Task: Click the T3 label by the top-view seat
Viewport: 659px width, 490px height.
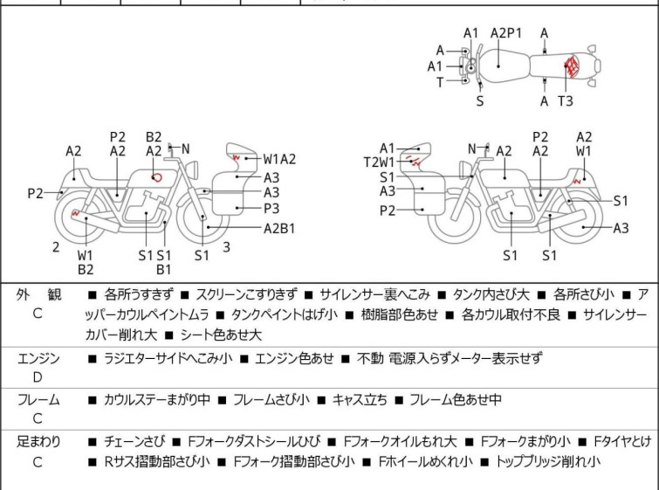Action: click(566, 101)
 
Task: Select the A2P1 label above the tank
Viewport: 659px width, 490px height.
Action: click(506, 33)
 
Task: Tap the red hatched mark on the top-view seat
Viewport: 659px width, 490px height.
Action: click(571, 66)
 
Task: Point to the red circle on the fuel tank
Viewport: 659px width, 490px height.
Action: click(157, 178)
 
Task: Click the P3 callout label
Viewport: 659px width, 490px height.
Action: click(271, 208)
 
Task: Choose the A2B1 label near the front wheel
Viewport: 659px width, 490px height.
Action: click(279, 228)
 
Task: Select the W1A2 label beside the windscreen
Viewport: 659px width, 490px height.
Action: click(279, 159)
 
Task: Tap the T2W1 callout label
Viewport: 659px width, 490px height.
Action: click(379, 162)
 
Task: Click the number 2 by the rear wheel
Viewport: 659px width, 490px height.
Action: click(56, 247)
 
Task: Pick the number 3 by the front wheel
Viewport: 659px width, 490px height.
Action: click(226, 247)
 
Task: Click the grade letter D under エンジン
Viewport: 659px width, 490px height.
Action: click(38, 377)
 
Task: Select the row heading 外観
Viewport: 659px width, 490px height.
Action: click(38, 294)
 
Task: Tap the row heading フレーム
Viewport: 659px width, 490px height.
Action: click(38, 399)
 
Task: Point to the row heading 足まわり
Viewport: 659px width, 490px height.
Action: click(38, 442)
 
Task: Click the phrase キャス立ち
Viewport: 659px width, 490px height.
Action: click(360, 399)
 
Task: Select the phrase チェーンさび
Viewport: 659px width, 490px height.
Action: click(134, 442)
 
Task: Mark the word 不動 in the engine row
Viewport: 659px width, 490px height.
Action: click(370, 358)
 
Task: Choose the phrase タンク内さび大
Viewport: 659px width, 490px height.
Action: click(491, 294)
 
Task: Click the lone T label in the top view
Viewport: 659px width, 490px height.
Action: click(440, 82)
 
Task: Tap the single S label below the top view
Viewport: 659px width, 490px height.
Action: click(480, 101)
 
